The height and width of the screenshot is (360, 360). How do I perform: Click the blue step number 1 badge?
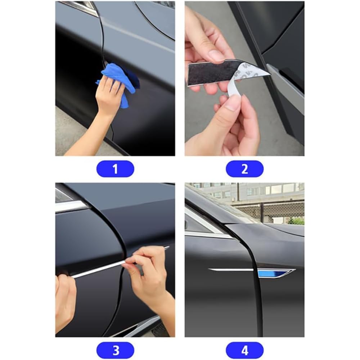115,169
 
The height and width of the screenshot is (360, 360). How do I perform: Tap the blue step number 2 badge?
245,169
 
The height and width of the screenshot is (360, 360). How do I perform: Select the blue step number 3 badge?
115,350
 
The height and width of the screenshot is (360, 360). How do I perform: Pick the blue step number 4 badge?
245,350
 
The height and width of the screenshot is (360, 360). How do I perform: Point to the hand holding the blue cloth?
108,96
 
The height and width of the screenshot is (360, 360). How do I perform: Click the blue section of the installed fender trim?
273,274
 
